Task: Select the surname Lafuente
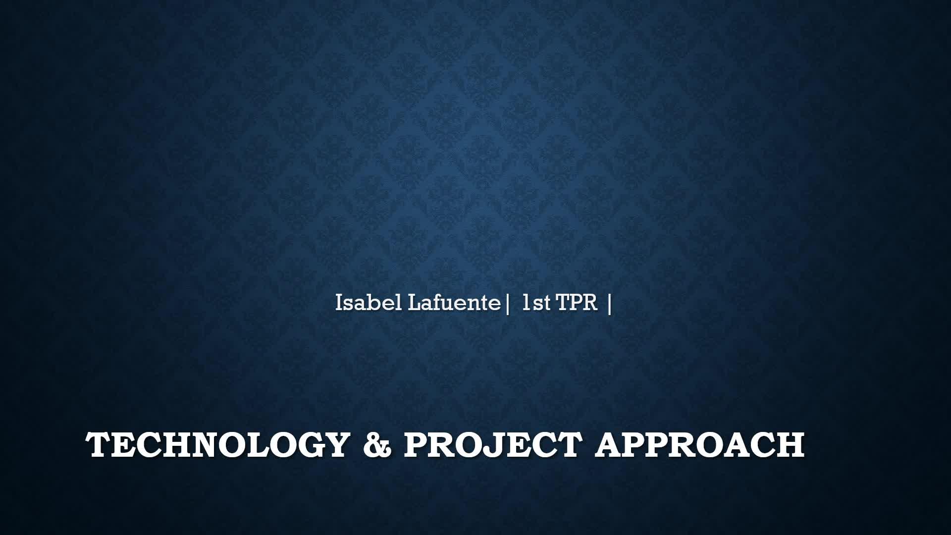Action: [454, 303]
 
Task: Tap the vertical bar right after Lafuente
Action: [508, 304]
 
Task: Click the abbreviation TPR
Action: [578, 303]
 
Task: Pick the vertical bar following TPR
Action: [609, 304]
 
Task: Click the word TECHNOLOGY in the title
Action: [218, 444]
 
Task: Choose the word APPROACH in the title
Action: [699, 444]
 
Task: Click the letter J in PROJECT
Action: [498, 444]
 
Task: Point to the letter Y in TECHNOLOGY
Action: [335, 444]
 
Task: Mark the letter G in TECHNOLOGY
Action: [305, 444]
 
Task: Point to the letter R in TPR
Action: [591, 303]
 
